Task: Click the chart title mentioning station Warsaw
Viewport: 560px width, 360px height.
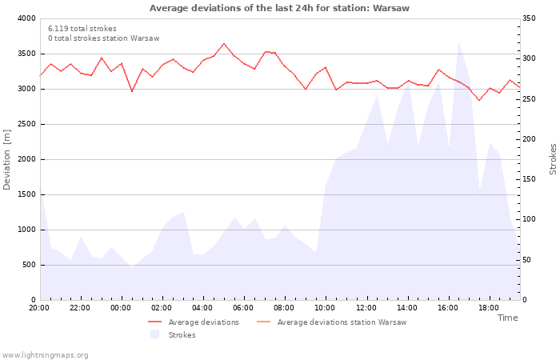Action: coord(279,8)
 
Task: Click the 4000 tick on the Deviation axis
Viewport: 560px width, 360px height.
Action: coord(26,18)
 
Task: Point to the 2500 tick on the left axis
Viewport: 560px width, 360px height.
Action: coord(26,124)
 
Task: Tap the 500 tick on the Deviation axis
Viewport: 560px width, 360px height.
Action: coord(28,265)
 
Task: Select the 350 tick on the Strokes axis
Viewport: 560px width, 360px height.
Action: coord(531,18)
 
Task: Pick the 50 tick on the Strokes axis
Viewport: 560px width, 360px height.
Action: coord(529,260)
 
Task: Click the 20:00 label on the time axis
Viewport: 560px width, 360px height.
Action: coord(39,307)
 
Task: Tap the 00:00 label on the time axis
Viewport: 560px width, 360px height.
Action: coord(121,307)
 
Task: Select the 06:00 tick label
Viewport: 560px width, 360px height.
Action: coord(244,307)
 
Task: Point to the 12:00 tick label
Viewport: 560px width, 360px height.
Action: coord(366,307)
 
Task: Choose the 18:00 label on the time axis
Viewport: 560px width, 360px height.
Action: coord(490,307)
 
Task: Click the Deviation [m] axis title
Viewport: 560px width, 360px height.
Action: coord(8,159)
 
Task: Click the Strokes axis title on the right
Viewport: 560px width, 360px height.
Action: coord(553,159)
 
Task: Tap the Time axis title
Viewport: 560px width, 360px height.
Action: coord(507,318)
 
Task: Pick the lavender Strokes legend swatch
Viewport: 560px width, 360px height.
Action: coord(155,334)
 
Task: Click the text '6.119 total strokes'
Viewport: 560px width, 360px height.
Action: coord(82,29)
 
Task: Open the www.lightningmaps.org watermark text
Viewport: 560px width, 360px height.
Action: coord(46,354)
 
